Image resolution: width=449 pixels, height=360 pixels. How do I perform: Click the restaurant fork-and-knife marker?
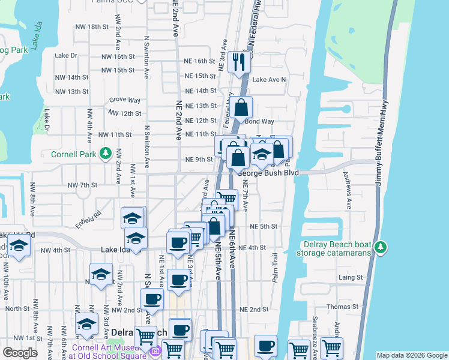(240, 61)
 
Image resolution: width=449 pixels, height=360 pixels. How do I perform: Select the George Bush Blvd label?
(268, 172)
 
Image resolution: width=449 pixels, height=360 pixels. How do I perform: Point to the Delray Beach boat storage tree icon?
(380, 247)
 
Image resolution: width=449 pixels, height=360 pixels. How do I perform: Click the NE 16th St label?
(200, 61)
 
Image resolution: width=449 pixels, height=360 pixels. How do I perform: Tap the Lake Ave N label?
(269, 79)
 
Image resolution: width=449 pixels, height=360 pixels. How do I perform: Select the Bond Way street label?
(259, 121)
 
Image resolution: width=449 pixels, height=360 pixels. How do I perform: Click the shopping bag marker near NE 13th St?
(241, 109)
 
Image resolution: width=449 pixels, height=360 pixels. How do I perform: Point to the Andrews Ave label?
(346, 191)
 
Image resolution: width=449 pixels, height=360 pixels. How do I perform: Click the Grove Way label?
(125, 100)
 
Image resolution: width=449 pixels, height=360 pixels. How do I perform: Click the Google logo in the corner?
(20, 353)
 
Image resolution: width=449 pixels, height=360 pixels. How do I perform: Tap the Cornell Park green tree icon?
(106, 153)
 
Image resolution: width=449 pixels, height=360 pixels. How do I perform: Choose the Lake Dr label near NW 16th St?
(66, 56)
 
